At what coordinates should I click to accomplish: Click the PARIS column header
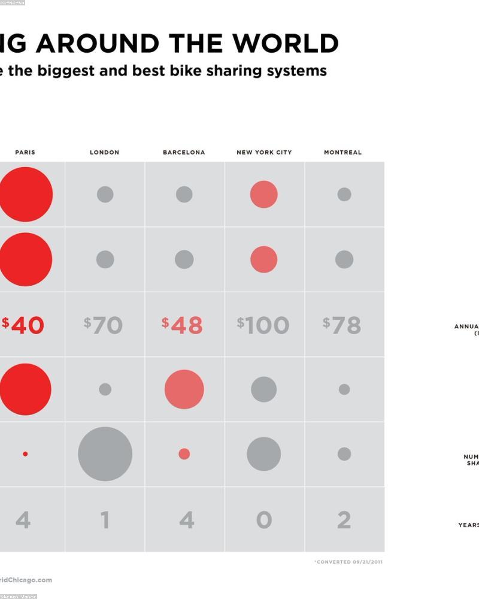click(x=25, y=152)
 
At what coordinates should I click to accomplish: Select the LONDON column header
click(x=105, y=152)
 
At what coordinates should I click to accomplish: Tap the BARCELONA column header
click(x=184, y=152)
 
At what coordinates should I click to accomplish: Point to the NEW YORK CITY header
click(x=264, y=152)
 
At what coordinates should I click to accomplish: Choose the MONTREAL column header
click(x=343, y=152)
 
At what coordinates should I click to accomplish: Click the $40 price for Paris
click(x=23, y=325)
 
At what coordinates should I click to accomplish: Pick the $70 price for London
click(x=104, y=325)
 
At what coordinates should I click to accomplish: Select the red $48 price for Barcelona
click(x=183, y=325)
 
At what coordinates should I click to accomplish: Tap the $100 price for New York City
click(x=263, y=325)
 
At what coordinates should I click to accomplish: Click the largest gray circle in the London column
click(x=105, y=454)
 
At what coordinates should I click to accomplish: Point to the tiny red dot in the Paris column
click(x=25, y=454)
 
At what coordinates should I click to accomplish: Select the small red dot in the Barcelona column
click(x=184, y=454)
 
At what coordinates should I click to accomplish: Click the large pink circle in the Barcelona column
click(x=184, y=389)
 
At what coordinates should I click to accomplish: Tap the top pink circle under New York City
click(x=264, y=195)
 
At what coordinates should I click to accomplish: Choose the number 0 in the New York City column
click(x=264, y=520)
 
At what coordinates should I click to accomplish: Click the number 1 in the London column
click(x=105, y=520)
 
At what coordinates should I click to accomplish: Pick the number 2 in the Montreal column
click(x=344, y=520)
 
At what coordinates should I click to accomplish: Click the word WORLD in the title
click(x=286, y=44)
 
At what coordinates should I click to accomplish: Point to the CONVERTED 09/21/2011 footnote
click(x=349, y=562)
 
